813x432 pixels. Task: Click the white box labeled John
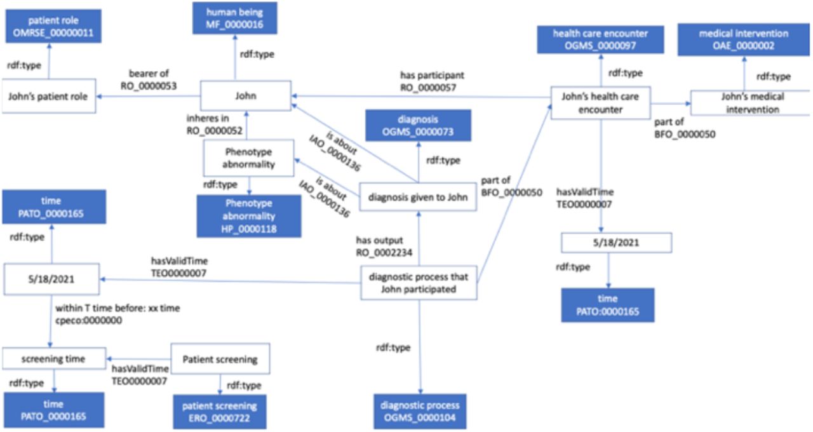246,96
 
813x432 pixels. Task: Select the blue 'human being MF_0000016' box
235,18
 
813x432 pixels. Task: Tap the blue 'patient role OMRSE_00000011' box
53,26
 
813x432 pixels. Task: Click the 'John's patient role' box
49,96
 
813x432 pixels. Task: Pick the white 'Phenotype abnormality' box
248,158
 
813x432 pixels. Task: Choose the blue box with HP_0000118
249,216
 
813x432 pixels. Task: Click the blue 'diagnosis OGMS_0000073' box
418,125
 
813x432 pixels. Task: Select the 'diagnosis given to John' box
418,197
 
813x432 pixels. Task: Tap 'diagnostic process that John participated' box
419,283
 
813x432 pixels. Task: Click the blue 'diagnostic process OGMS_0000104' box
420,411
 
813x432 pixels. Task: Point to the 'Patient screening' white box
220,359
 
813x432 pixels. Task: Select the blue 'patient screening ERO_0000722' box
220,412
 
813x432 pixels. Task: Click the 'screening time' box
54,359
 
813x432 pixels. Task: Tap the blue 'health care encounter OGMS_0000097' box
601,39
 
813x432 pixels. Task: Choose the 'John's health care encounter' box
601,103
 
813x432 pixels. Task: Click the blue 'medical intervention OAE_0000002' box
744,39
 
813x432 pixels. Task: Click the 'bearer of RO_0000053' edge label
149,79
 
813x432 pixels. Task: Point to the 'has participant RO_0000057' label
432,81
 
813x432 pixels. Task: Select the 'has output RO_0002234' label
384,246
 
